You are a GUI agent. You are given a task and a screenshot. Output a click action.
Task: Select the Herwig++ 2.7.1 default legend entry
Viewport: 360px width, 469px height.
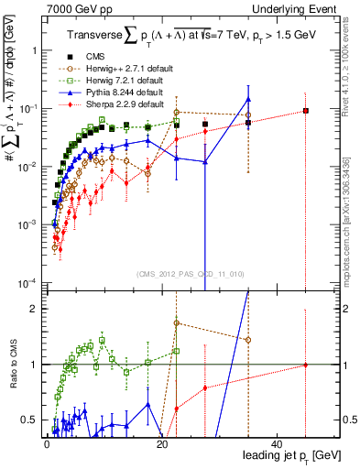(x=120, y=68)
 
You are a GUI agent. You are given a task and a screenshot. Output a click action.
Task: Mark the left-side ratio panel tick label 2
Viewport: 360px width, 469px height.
(x=36, y=309)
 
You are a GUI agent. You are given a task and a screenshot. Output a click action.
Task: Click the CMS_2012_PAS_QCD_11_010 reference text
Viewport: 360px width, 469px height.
(x=191, y=273)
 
